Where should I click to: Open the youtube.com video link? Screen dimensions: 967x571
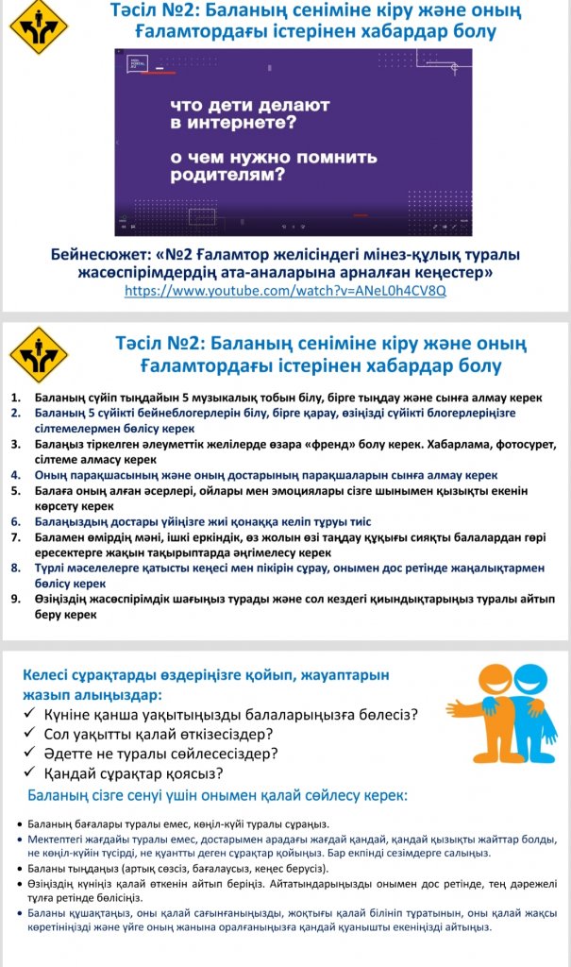285,291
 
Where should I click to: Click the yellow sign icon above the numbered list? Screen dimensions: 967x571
38,354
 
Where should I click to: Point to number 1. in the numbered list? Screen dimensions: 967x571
16,399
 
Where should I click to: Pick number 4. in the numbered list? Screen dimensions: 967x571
16,475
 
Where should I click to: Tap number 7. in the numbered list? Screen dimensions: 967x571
16,537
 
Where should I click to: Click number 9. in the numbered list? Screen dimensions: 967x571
16,599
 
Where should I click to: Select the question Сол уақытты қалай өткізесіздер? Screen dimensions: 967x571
159,734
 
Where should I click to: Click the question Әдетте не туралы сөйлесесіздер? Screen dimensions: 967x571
160,754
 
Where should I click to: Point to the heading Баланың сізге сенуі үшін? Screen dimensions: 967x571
217,796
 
